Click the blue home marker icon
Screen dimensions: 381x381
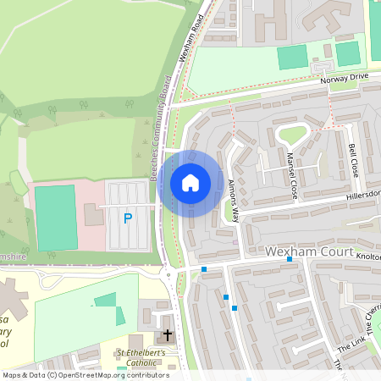190,183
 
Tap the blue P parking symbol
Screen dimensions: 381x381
128,218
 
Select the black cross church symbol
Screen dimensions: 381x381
167,335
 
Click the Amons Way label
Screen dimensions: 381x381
234,202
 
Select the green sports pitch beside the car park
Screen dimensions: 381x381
56,218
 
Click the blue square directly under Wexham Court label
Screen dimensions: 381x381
290,260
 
